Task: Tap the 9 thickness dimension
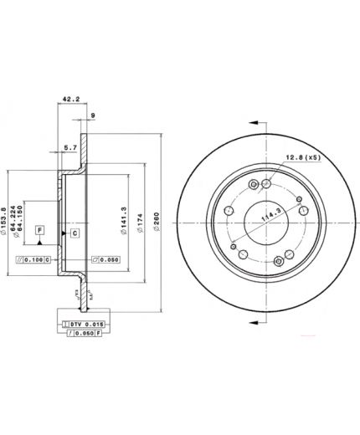coord(93,115)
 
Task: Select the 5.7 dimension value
coord(71,150)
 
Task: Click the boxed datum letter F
coord(39,228)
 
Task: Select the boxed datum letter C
coord(74,232)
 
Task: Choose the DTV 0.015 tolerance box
coord(84,323)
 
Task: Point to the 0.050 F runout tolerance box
coord(84,333)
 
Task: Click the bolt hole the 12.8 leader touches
coord(267,184)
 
